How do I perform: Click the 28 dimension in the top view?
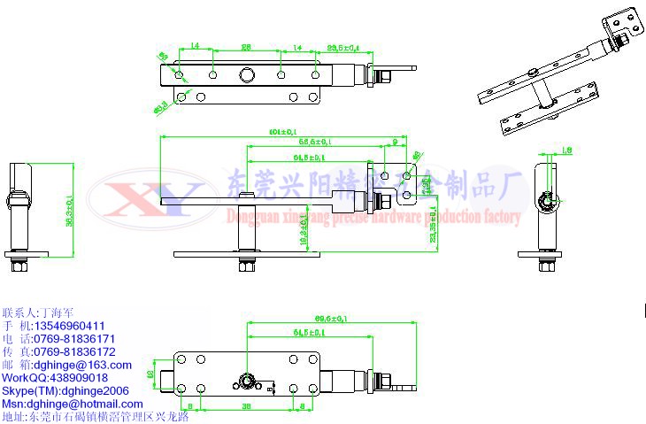[x=246, y=46]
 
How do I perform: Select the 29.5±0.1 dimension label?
[x=344, y=47]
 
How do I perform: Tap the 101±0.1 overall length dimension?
[x=281, y=132]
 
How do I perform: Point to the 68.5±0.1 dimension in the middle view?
[x=314, y=142]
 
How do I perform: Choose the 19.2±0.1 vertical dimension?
[x=304, y=226]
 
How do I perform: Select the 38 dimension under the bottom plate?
[x=247, y=405]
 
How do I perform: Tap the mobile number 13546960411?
[x=66, y=326]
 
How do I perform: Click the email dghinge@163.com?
[x=80, y=365]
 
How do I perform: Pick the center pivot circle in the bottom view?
[x=246, y=382]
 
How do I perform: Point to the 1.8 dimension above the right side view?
[x=567, y=150]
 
